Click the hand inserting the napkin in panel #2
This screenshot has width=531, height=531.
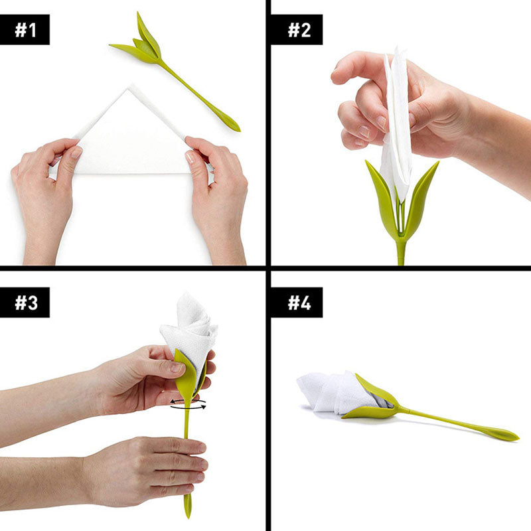click(x=398, y=100)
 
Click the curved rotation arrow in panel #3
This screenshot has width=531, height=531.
click(x=188, y=404)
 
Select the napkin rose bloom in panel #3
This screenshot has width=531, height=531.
click(x=191, y=329)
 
